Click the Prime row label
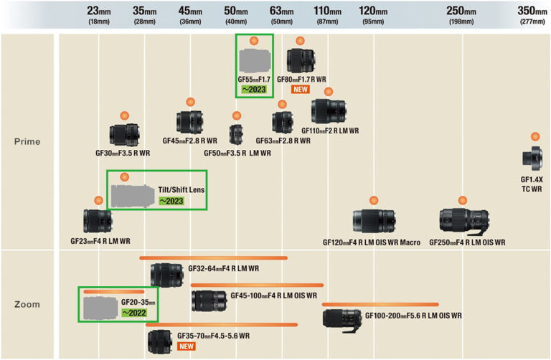click(27, 141)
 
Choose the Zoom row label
click(27, 304)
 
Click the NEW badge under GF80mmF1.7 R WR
click(301, 90)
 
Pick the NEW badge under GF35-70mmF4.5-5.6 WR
click(187, 346)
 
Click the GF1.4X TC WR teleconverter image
click(534, 156)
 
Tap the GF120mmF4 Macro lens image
click(373, 222)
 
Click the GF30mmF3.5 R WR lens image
click(123, 134)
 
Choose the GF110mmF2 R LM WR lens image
click(329, 111)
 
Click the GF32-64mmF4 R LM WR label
click(223, 269)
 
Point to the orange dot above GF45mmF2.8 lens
click(190, 102)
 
